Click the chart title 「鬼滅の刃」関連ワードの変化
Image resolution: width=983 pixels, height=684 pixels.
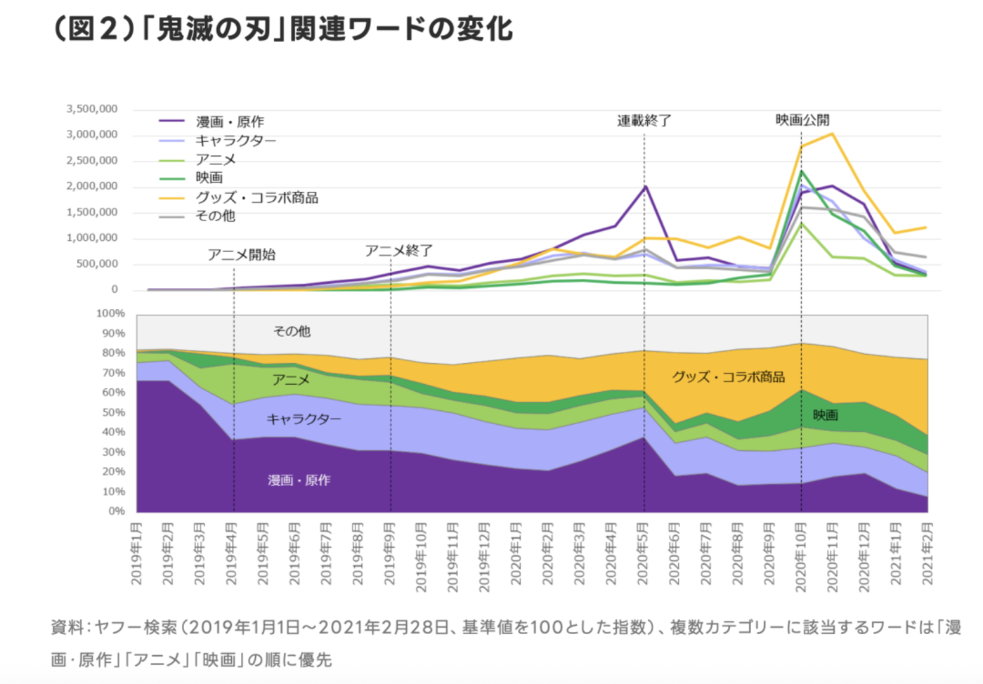point(282,29)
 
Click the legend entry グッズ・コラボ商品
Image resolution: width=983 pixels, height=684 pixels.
point(256,197)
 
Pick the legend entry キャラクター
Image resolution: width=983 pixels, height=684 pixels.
point(235,140)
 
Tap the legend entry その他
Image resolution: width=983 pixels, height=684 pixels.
point(215,216)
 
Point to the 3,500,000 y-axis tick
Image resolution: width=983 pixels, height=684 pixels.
point(92,109)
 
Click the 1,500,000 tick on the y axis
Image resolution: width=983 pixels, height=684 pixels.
point(92,212)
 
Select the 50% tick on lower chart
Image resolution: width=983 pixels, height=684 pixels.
point(112,412)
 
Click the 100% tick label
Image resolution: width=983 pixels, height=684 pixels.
point(110,313)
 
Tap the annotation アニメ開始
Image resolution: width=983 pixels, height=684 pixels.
point(241,254)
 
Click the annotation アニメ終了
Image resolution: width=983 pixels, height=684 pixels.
point(398,251)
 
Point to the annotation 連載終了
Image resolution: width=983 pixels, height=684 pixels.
point(644,121)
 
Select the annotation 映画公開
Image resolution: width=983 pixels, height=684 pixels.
point(802,120)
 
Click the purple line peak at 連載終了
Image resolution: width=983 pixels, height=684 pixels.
point(644,187)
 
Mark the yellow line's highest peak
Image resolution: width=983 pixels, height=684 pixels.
point(832,133)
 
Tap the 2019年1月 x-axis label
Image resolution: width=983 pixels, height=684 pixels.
point(136,553)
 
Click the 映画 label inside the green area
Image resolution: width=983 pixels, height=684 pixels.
point(825,415)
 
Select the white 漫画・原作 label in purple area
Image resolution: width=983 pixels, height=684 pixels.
point(299,480)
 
